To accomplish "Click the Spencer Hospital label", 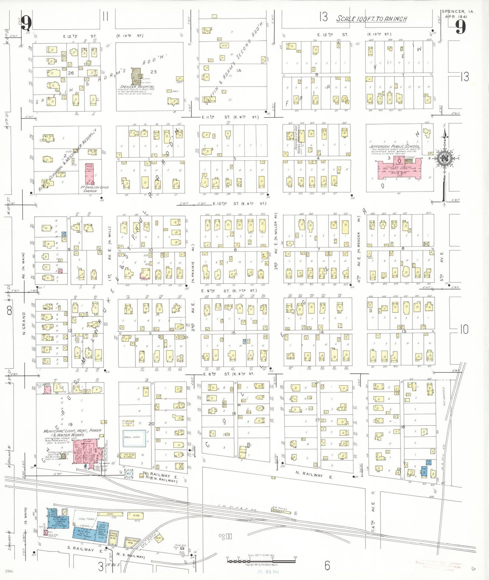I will pyautogui.click(x=137, y=87).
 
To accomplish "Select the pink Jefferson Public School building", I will pyautogui.click(x=399, y=169).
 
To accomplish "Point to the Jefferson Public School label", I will pyautogui.click(x=394, y=147).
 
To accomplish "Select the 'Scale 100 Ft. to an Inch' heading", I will pyautogui.click(x=371, y=19).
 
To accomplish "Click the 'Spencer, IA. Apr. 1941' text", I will pyautogui.click(x=457, y=14).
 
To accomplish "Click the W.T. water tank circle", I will pyautogui.click(x=128, y=474).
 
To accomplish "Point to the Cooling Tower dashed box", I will pyautogui.click(x=129, y=423).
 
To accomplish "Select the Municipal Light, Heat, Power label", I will pyautogui.click(x=72, y=433).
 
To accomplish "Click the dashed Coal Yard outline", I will pyautogui.click(x=85, y=519).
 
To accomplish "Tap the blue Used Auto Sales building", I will pyautogui.click(x=102, y=530).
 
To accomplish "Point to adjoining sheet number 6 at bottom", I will pyautogui.click(x=327, y=565).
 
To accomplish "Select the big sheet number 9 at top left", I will pyautogui.click(x=26, y=23).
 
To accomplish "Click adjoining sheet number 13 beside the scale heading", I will pyautogui.click(x=323, y=17).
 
